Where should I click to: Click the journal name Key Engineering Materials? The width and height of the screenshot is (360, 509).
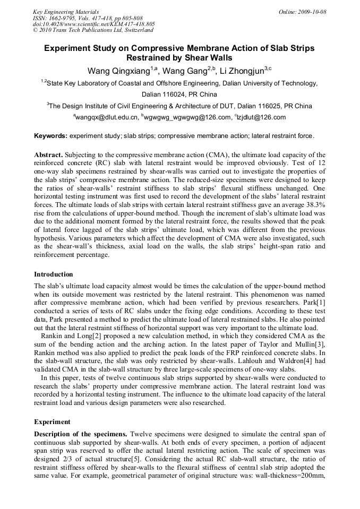coord(66,12)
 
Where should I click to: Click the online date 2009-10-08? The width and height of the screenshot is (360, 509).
coord(310,12)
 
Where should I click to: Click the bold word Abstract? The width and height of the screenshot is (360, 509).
coord(48,154)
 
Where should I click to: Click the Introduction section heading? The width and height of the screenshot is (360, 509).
coord(54,274)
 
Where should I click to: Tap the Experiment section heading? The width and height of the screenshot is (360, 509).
coord(52,422)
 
